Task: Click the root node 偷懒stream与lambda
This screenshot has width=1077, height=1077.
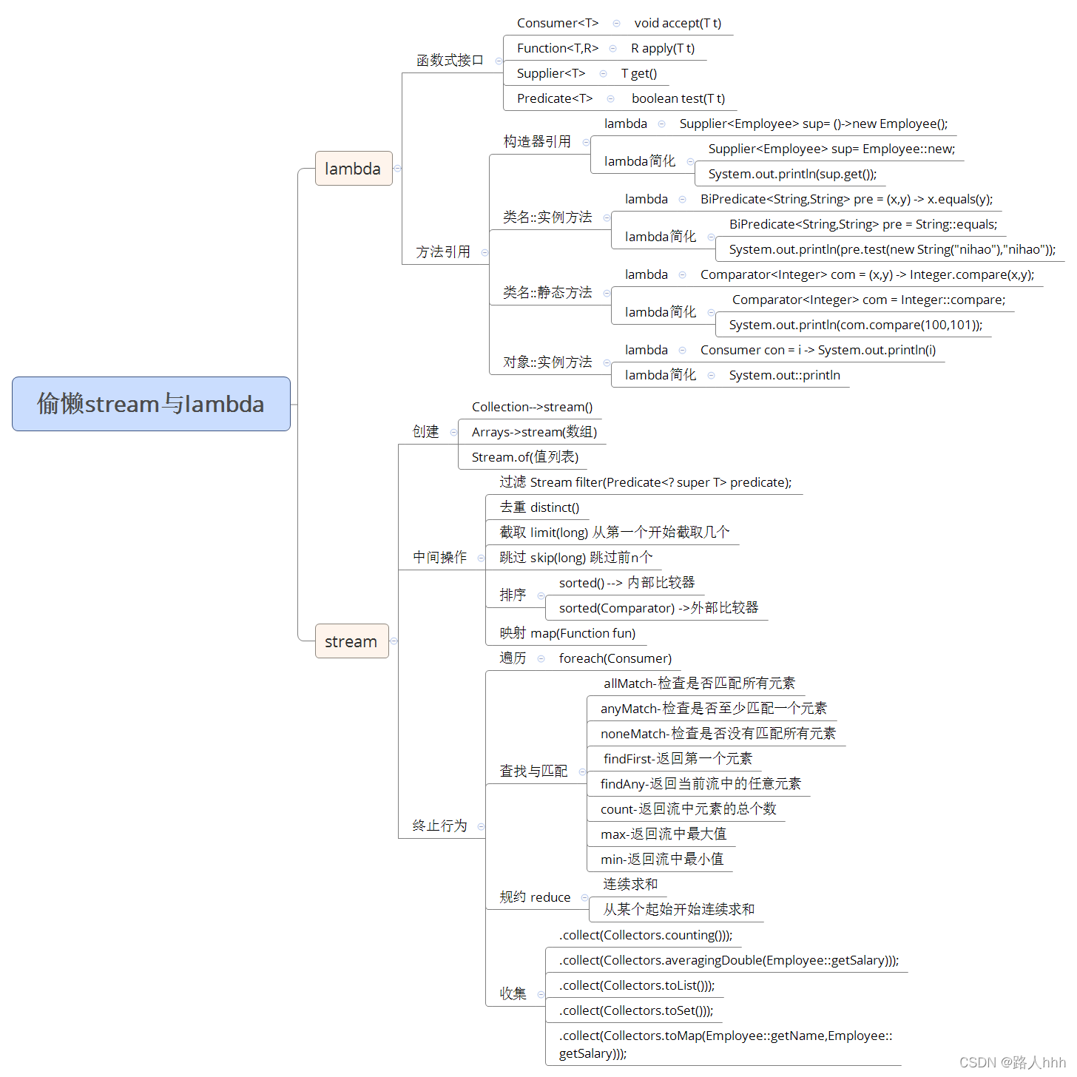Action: point(151,404)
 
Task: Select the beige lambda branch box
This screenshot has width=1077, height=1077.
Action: point(354,169)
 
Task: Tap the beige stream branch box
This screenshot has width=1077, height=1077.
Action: point(351,641)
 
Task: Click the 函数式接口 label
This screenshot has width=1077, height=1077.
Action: point(450,61)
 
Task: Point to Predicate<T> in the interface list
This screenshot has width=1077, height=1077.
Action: point(555,98)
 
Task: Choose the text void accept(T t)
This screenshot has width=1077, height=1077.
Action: point(678,23)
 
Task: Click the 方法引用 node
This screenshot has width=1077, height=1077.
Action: point(443,252)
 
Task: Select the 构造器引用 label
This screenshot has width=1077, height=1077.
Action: point(537,141)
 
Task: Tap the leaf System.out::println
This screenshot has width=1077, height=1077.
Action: point(784,375)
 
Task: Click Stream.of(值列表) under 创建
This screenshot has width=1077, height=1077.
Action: point(525,457)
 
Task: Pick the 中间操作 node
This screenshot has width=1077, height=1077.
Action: point(440,557)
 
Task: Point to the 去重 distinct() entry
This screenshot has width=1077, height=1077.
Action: point(539,507)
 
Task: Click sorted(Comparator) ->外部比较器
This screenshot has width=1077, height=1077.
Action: point(658,608)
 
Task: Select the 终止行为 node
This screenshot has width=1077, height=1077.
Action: point(440,826)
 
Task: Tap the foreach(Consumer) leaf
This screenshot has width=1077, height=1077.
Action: point(615,658)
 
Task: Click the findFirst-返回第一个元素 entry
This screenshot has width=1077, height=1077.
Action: point(678,759)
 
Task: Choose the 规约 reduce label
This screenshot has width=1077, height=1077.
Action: point(535,897)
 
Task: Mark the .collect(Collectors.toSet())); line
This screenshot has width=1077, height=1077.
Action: point(636,1010)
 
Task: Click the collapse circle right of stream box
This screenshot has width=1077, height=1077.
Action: point(394,641)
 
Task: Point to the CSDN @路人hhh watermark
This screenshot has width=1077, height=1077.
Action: point(1012,1063)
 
